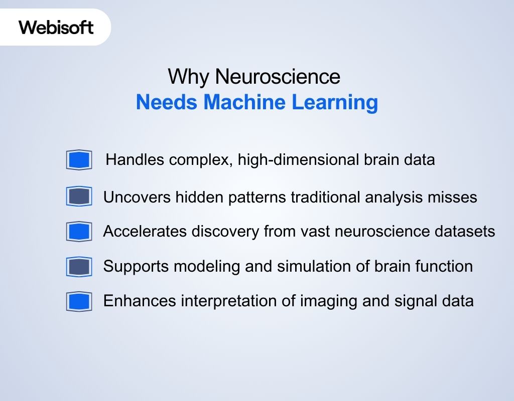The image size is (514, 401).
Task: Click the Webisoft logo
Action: (x=56, y=27)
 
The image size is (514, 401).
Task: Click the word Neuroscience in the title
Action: (x=278, y=77)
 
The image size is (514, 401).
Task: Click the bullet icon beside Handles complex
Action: (x=79, y=160)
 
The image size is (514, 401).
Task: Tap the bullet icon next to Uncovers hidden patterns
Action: (x=79, y=196)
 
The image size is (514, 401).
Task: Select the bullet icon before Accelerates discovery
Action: (x=79, y=232)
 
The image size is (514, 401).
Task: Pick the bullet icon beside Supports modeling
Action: (x=79, y=267)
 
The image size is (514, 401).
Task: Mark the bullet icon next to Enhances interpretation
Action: (x=79, y=302)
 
